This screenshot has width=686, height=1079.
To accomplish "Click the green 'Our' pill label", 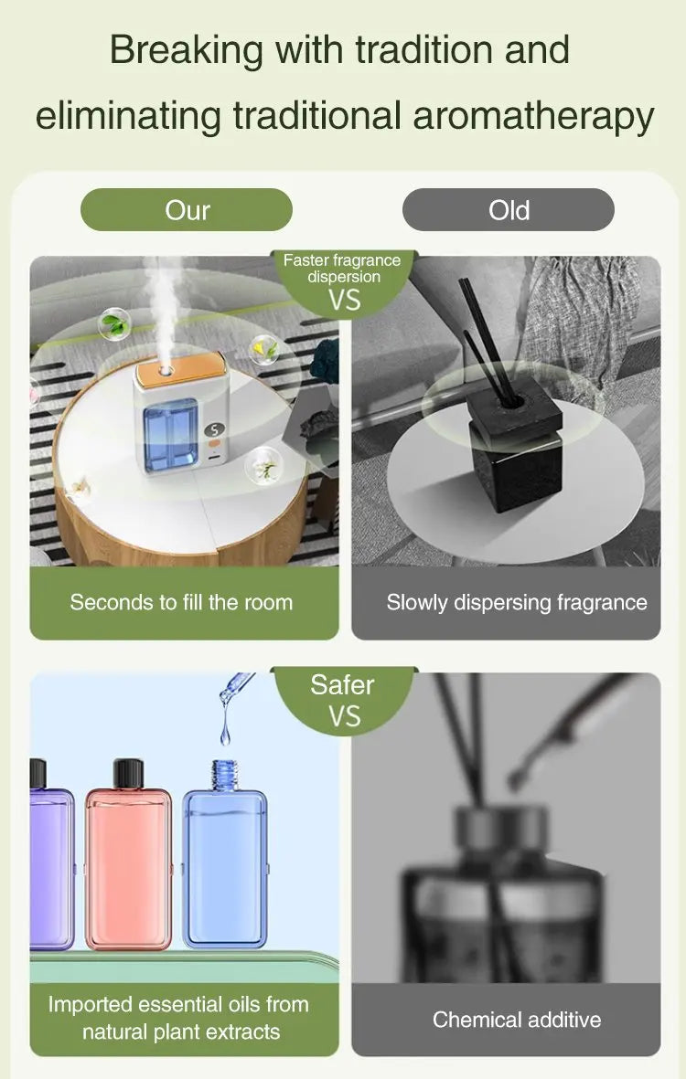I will (187, 210).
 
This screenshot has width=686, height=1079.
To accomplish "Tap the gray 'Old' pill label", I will (509, 210).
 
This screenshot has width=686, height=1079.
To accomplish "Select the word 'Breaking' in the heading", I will (187, 49).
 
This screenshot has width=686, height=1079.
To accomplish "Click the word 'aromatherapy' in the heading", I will (533, 116).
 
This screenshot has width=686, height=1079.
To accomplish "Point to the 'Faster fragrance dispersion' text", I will (342, 269).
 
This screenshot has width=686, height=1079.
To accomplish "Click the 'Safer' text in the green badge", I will (342, 684).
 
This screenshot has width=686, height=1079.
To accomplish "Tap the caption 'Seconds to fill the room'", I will (181, 602).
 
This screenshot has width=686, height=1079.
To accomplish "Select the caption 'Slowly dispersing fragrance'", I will (516, 602).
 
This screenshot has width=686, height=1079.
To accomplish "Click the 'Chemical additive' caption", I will (517, 1019).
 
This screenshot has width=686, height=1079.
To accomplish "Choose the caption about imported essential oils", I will (178, 1018).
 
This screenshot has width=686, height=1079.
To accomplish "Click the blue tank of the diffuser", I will (171, 435).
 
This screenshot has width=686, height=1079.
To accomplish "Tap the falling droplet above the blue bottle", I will (225, 730).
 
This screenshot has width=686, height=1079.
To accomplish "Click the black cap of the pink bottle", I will (129, 773).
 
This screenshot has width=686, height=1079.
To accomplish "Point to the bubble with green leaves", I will (113, 323).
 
